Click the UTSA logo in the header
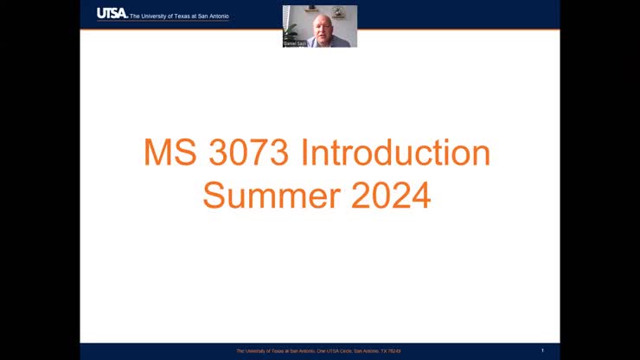click(112, 13)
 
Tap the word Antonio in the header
click(217, 16)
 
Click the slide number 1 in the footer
click(542, 350)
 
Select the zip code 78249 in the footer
click(394, 351)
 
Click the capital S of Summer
click(214, 196)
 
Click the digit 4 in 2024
click(420, 196)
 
